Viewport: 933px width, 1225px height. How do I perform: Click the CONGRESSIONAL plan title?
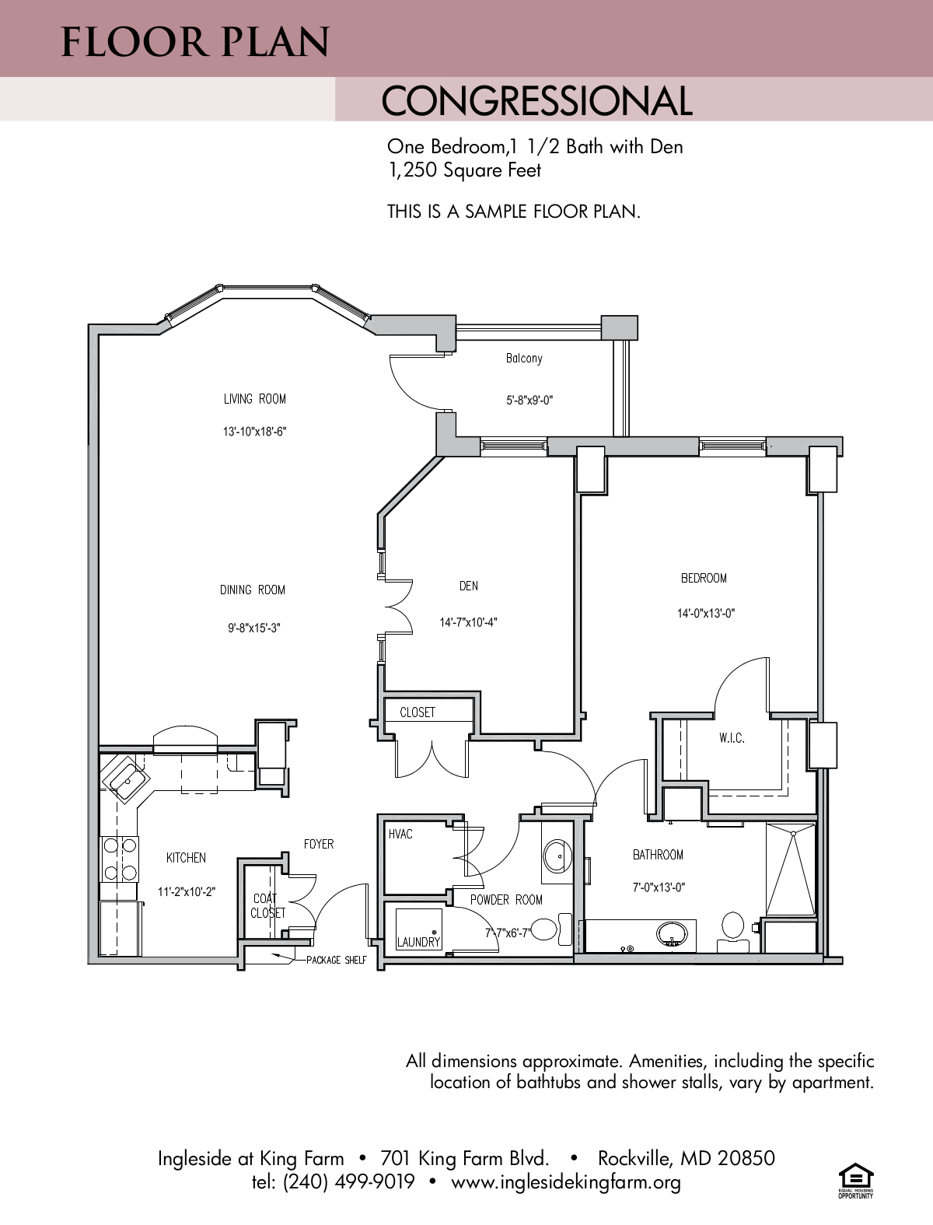pos(536,101)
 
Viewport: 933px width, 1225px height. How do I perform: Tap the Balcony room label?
pos(524,359)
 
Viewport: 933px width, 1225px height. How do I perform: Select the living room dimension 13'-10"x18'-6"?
pos(254,432)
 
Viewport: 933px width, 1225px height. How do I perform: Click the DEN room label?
pos(468,586)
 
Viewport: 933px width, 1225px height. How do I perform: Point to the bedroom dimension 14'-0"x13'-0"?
pos(705,613)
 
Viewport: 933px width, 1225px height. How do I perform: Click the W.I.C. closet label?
pos(732,738)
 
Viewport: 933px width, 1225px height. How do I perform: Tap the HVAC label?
pos(400,834)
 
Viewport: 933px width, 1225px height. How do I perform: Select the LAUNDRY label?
pos(418,942)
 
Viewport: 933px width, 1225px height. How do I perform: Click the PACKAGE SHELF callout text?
pos(336,960)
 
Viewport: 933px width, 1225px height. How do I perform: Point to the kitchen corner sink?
pos(124,778)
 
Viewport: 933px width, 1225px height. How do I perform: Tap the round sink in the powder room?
pos(557,856)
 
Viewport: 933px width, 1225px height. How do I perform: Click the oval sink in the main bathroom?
pos(671,932)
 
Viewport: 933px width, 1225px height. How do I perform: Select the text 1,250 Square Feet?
pos(464,170)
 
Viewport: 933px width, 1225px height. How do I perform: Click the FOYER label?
pos(319,844)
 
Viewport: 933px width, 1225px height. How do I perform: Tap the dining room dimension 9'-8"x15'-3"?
pos(254,627)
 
